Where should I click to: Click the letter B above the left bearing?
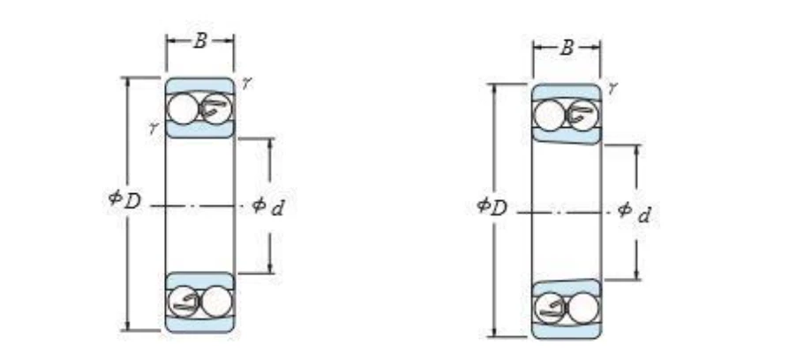coord(200,41)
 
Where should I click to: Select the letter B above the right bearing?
coord(567,48)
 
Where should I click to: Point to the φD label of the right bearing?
coord(492,206)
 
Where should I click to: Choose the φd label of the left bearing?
coord(267,206)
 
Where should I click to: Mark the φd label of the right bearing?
coord(635,212)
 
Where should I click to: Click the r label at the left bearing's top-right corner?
coord(246,83)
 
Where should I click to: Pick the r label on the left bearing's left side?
coord(153,128)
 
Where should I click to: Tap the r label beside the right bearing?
coord(612,89)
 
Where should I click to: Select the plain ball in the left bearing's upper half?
coord(183,109)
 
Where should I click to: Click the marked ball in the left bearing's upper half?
coord(216,109)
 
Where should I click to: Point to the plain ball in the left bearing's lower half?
coord(216,301)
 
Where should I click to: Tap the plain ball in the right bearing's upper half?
coord(549,116)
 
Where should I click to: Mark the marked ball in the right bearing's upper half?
coord(583,116)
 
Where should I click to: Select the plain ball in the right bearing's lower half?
coord(583,308)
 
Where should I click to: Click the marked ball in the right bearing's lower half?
coord(550,308)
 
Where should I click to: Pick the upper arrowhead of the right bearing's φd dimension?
coord(636,149)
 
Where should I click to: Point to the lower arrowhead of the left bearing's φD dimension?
coord(127,326)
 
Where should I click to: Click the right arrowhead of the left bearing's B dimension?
coord(229,41)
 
